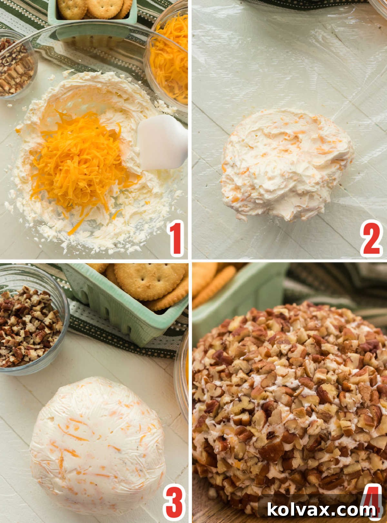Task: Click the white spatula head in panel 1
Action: pos(161,142)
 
